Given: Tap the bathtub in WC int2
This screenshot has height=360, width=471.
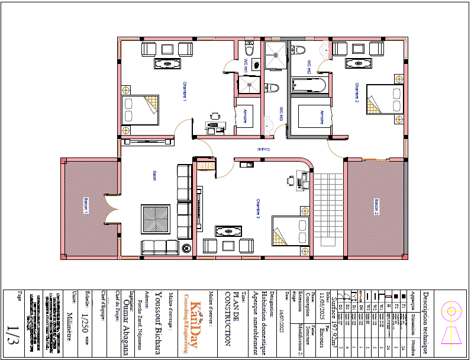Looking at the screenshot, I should [x=309, y=84].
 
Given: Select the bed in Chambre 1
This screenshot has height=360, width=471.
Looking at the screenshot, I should [x=140, y=110].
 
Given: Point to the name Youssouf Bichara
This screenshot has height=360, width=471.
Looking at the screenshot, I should [x=158, y=320].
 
